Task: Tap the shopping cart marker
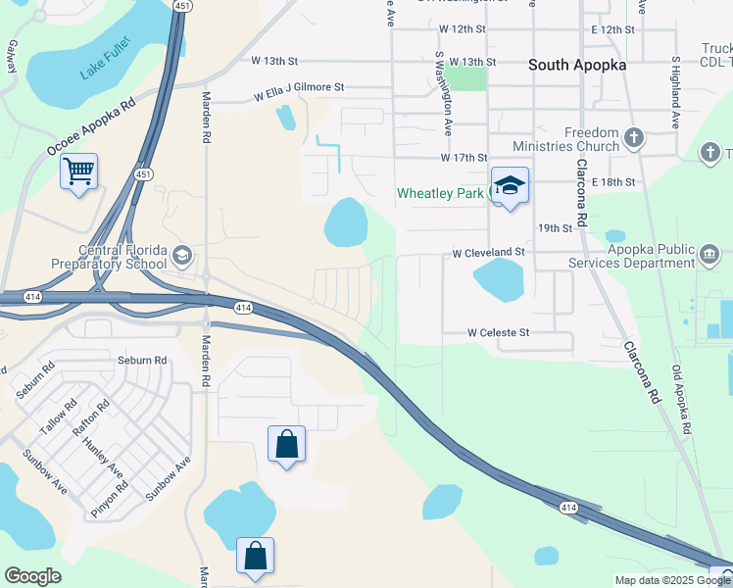pos(78,172)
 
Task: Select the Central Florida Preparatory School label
pos(110,257)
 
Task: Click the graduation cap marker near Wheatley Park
pos(510,185)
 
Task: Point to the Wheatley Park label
pos(440,193)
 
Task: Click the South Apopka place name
pos(577,65)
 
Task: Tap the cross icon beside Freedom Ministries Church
pos(634,139)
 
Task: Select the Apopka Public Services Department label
pos(637,256)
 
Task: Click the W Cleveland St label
pos(488,253)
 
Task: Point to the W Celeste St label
pos(498,333)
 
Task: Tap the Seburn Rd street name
pos(137,360)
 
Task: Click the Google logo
pos(32,577)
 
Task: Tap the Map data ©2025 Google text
pos(672,580)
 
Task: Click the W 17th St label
pos(464,158)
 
